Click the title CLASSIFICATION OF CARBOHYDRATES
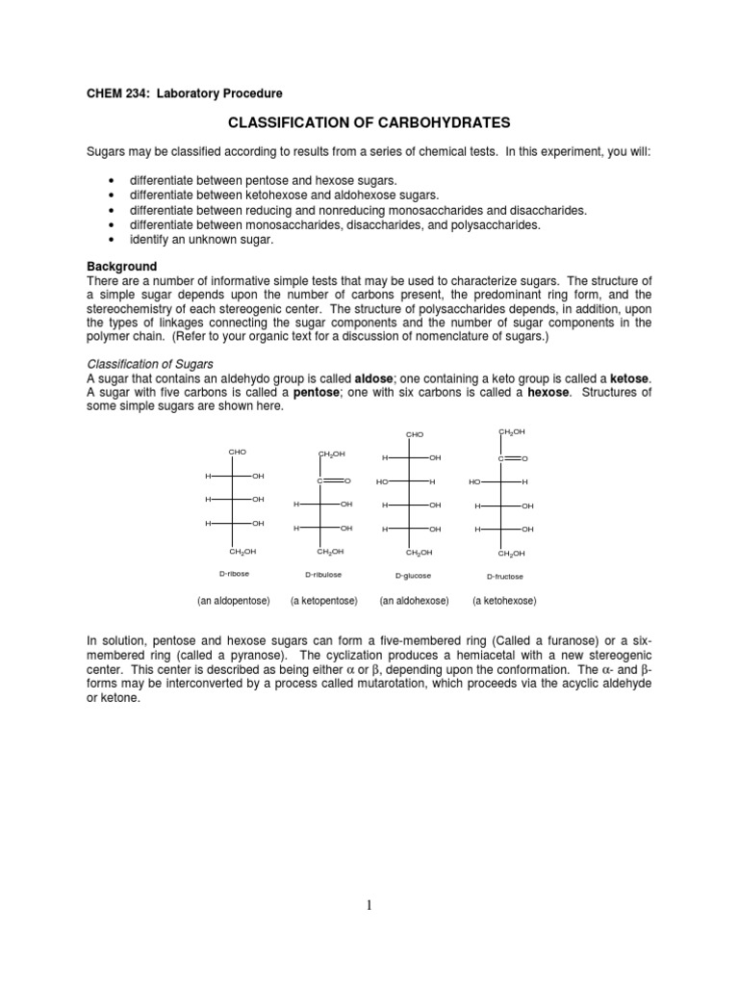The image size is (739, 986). click(369, 123)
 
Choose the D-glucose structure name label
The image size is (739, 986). click(414, 575)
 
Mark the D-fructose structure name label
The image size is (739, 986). click(505, 576)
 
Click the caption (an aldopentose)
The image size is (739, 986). click(236, 601)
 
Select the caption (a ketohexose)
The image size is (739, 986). click(504, 601)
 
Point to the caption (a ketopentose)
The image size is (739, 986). click(324, 601)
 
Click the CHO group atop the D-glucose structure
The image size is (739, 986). click(415, 435)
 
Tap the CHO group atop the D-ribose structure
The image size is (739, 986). click(238, 452)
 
